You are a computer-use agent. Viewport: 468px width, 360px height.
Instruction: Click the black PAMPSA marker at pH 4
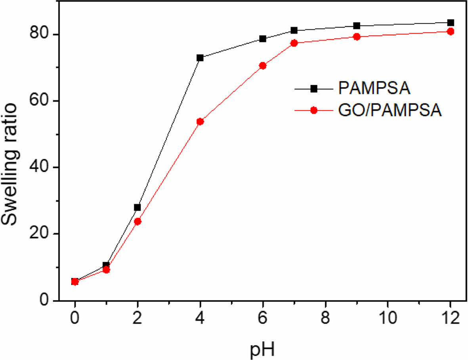coord(200,58)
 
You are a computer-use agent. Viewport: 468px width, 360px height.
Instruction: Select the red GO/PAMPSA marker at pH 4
coord(200,122)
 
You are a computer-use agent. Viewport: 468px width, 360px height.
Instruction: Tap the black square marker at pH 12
coord(451,23)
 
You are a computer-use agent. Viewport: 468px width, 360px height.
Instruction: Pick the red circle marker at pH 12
coord(451,31)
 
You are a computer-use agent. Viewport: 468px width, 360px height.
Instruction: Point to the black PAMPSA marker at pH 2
coord(138,208)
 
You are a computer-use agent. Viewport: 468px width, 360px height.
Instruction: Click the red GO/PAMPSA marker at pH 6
coord(263,66)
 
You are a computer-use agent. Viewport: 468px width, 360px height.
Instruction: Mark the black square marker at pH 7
coord(294,30)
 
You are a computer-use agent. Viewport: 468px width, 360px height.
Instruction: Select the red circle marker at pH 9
coord(357,37)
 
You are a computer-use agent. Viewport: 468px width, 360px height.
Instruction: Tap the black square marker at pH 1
coord(106,265)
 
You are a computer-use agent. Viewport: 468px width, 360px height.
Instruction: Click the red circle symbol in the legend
coord(314,110)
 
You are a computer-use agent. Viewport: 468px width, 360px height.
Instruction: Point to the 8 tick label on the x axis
coord(325,318)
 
